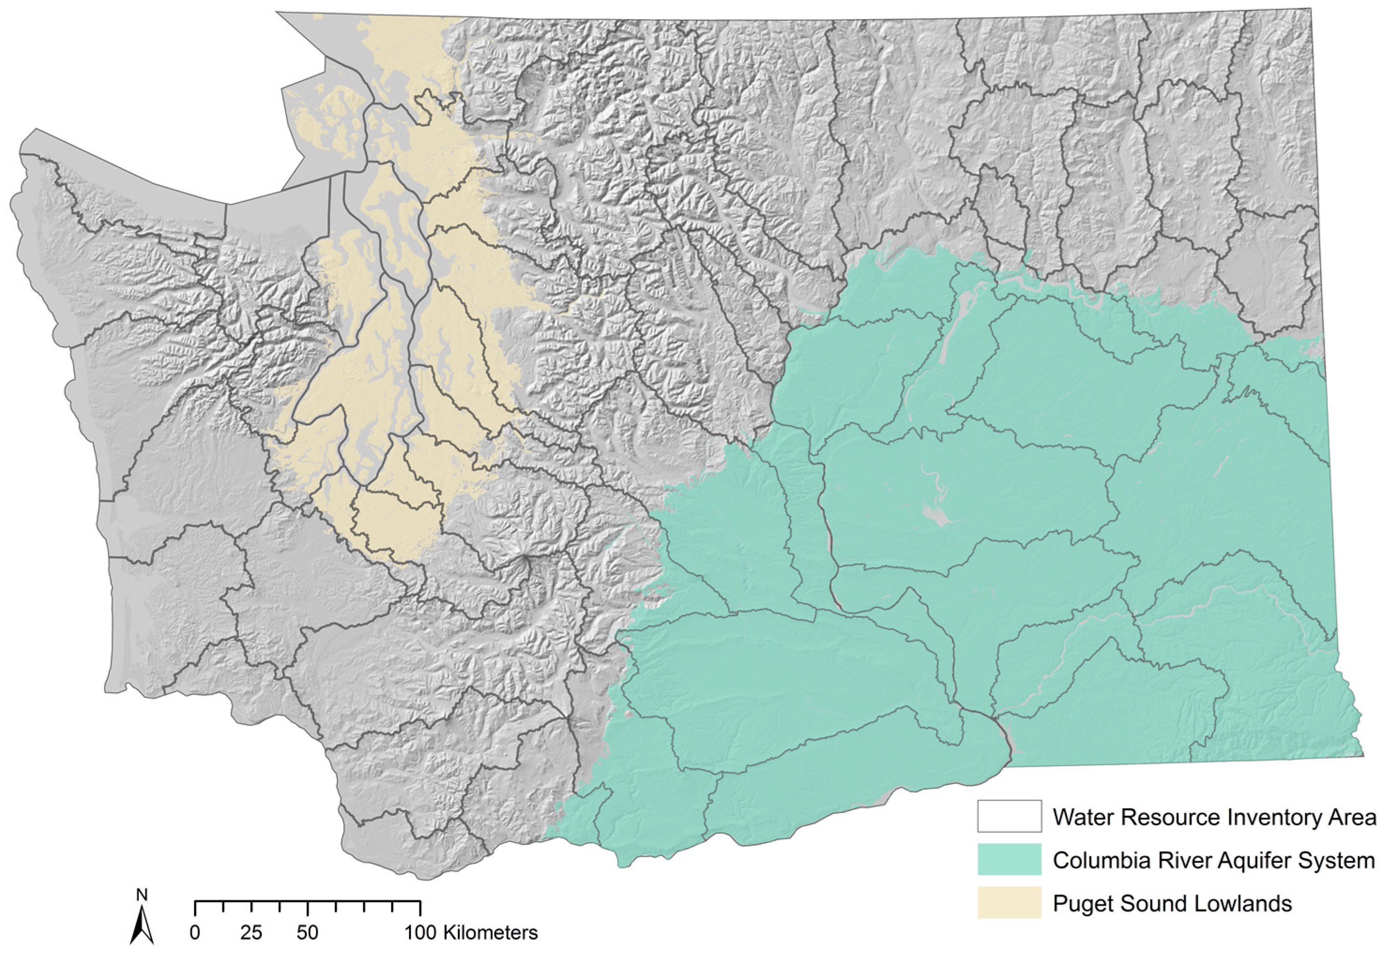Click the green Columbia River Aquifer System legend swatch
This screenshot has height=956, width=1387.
click(x=1009, y=860)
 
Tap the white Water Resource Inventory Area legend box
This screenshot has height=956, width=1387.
click(x=1009, y=816)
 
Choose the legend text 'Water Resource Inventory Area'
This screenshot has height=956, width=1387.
click(x=1214, y=817)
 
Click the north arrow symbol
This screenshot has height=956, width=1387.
click(x=142, y=926)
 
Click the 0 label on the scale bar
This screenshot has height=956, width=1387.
click(x=195, y=933)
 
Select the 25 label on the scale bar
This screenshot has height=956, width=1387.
click(x=251, y=933)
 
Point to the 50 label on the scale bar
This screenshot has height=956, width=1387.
click(x=308, y=933)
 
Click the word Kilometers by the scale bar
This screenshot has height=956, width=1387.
click(x=490, y=933)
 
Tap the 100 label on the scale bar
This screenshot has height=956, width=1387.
click(x=421, y=933)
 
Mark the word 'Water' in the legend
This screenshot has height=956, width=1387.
click(x=1083, y=817)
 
